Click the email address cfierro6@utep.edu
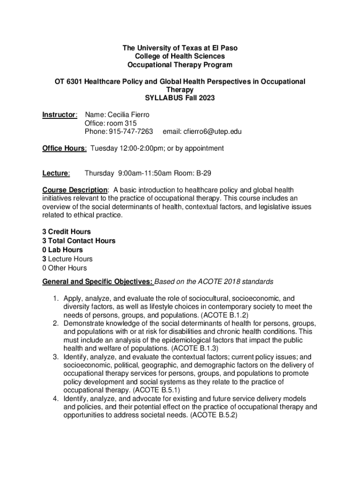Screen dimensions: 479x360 202,132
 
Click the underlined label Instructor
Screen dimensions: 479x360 59,115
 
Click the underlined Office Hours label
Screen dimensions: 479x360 64,148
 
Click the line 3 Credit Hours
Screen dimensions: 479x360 66,232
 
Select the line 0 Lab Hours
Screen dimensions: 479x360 62,250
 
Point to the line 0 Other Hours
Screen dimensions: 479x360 65,268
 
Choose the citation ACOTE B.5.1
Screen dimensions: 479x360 157,390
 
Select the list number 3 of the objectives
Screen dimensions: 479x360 55,357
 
